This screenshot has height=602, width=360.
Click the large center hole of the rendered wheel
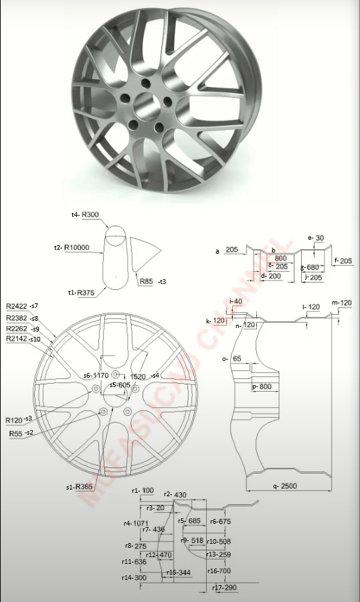click(x=143, y=104)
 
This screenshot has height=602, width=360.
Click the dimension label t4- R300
click(x=85, y=215)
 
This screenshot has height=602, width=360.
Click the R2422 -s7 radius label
click(x=22, y=305)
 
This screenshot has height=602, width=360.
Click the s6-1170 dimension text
click(x=96, y=376)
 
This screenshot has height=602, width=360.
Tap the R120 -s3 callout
click(x=19, y=419)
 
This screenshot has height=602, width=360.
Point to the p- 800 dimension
click(x=261, y=387)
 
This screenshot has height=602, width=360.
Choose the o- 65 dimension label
click(x=231, y=359)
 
